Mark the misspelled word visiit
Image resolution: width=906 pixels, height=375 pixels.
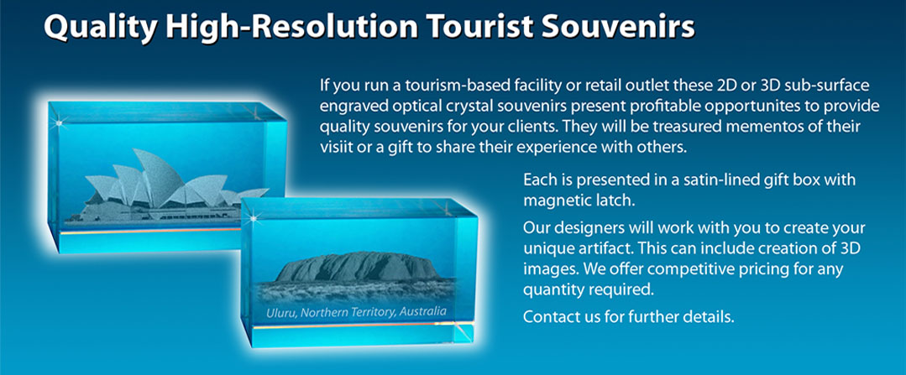(334, 147)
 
